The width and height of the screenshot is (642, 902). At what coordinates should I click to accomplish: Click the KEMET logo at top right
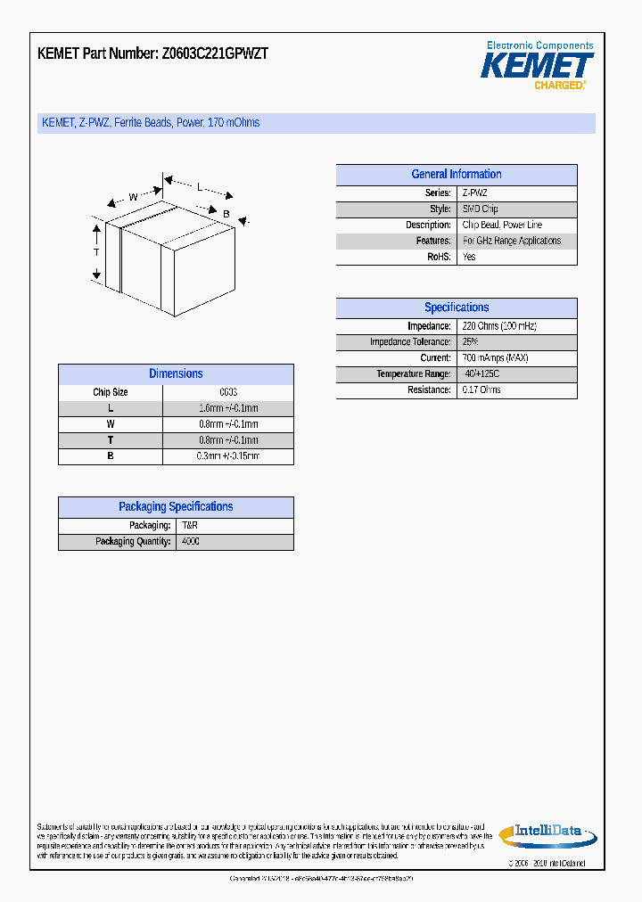tap(537, 66)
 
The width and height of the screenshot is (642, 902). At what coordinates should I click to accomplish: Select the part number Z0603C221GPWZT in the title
tap(215, 53)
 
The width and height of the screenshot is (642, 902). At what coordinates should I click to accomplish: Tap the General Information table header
tap(456, 175)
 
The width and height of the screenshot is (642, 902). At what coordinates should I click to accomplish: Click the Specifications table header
tap(456, 307)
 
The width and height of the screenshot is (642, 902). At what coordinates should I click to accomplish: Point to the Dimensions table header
tap(176, 374)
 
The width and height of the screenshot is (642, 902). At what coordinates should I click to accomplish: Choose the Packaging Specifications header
tap(176, 507)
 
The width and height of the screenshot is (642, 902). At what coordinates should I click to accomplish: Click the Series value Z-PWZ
tap(475, 193)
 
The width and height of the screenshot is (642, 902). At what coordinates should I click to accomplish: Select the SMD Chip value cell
tap(481, 209)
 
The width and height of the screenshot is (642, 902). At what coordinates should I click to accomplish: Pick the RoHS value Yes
tap(469, 257)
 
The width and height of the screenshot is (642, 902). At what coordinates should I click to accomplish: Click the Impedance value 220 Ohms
tap(499, 326)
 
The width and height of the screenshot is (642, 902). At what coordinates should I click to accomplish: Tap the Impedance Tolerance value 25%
tap(471, 342)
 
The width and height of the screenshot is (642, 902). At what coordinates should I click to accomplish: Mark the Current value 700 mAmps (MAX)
tap(496, 358)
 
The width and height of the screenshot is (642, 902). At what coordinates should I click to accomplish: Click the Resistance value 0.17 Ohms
tap(481, 390)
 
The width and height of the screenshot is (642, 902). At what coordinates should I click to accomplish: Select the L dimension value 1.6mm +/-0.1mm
tap(227, 408)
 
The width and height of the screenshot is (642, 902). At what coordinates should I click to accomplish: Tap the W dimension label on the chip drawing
tap(133, 197)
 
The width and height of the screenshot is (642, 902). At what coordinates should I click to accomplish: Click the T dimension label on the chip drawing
tap(96, 253)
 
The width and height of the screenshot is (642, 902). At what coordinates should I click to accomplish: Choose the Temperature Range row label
tap(413, 374)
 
